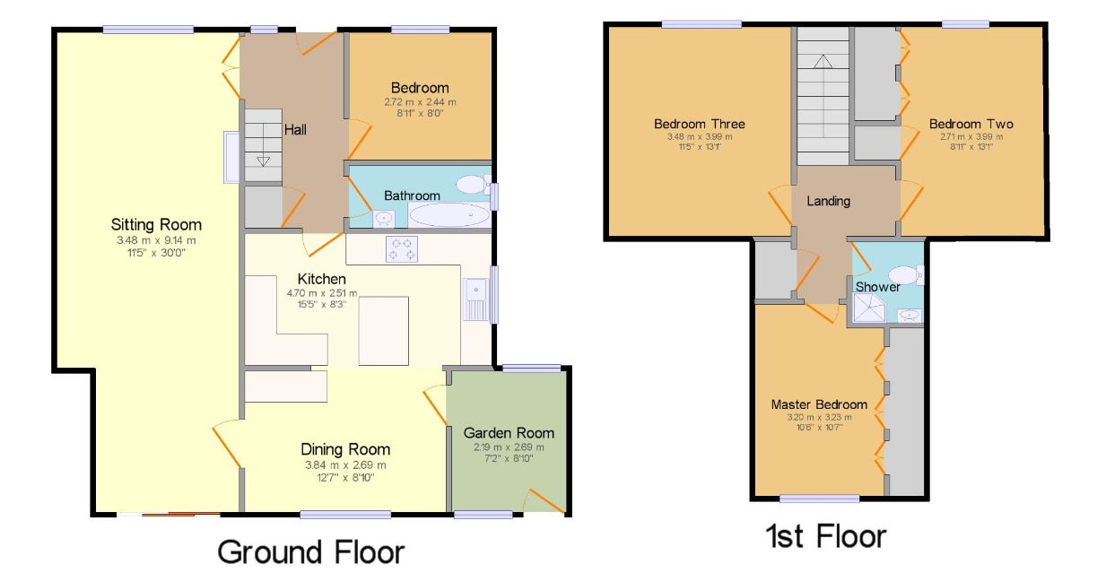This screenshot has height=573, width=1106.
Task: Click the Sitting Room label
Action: point(156,225)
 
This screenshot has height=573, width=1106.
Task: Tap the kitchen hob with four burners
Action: point(402,248)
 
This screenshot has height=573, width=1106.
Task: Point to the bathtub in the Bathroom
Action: point(449,215)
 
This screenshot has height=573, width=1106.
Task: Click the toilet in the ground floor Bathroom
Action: point(473,185)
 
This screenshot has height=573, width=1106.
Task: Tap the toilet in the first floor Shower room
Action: point(907,275)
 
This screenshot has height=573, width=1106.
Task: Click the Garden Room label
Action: point(509,433)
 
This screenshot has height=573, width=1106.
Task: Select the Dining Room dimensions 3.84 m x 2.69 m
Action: point(345,464)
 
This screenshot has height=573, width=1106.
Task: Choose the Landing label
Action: point(829,201)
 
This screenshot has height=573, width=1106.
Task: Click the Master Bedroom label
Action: point(819,404)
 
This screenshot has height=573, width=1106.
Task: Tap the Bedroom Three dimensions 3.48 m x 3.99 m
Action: point(700,136)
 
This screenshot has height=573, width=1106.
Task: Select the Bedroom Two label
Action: point(971,124)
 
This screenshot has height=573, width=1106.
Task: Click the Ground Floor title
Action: point(311,551)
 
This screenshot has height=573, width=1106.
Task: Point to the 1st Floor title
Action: point(825,536)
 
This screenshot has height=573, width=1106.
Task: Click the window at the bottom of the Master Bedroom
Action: point(820,499)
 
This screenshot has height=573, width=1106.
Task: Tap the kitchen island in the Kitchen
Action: point(384,331)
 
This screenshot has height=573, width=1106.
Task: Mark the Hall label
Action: point(295,130)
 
